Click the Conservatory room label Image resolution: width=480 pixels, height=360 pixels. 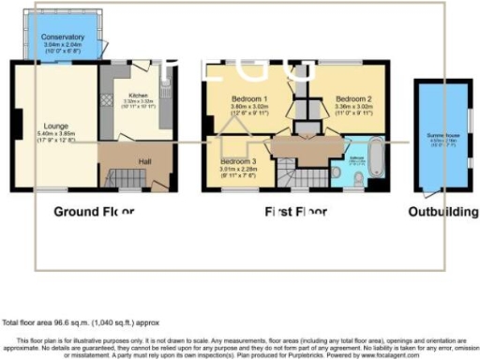(63, 37)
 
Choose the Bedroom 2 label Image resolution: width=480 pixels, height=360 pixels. (354, 99)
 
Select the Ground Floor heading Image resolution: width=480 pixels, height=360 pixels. (92, 211)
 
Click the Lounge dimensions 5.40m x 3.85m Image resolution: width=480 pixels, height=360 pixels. (54, 134)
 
